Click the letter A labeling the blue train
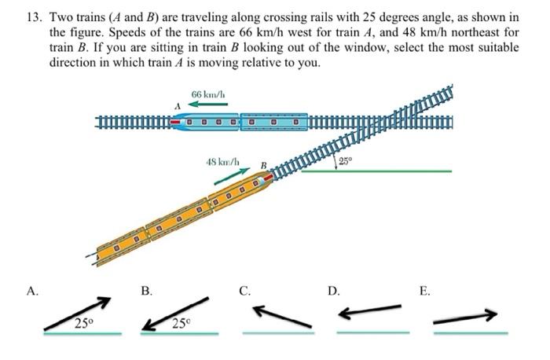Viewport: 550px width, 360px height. point(178,105)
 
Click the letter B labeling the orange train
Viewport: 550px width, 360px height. point(264,166)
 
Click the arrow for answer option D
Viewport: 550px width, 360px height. point(368,313)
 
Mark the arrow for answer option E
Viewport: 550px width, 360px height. point(465,317)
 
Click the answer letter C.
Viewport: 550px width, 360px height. point(246,292)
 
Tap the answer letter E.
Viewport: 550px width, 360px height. point(424,292)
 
